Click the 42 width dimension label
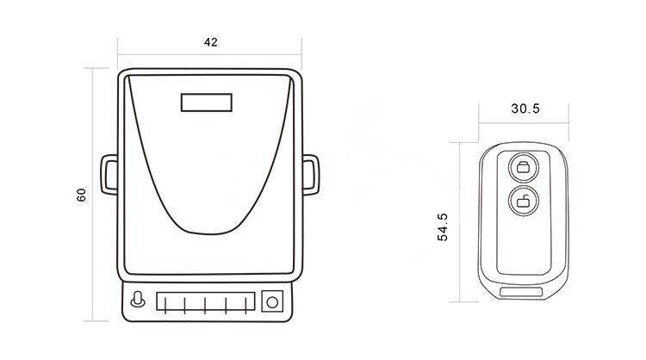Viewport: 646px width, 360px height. point(209,42)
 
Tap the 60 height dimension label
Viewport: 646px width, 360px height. point(81,196)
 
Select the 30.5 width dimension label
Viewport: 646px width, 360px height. point(525,109)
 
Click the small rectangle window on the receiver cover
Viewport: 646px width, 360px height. point(207,102)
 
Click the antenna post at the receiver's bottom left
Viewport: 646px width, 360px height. point(136,301)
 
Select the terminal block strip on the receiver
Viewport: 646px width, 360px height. point(205,301)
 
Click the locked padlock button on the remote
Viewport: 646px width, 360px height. point(522,166)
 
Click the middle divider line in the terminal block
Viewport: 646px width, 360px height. point(206,301)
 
